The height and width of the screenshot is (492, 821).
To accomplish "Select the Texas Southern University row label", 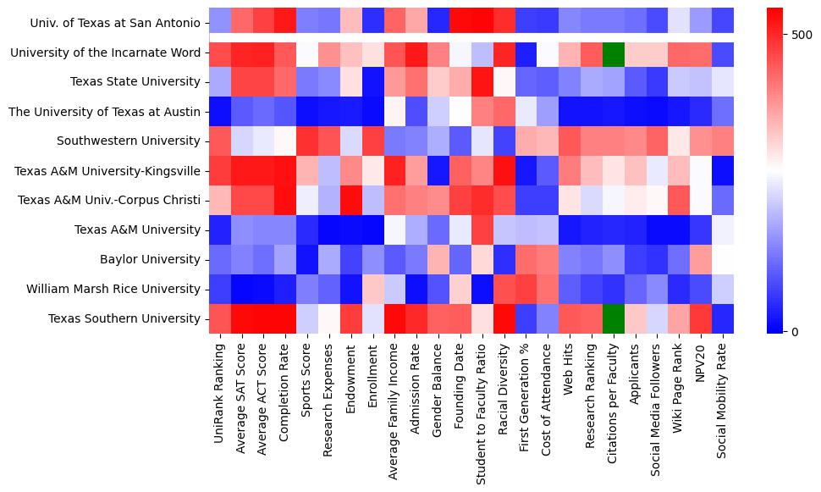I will [x=124, y=318].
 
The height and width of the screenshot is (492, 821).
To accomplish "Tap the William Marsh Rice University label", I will [x=113, y=289].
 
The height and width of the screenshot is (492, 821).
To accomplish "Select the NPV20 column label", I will [x=700, y=364].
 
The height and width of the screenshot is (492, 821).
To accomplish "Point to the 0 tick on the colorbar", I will [x=796, y=331].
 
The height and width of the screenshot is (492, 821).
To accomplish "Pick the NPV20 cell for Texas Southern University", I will [x=700, y=318].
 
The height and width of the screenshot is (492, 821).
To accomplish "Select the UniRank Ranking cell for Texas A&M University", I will [x=220, y=229].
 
